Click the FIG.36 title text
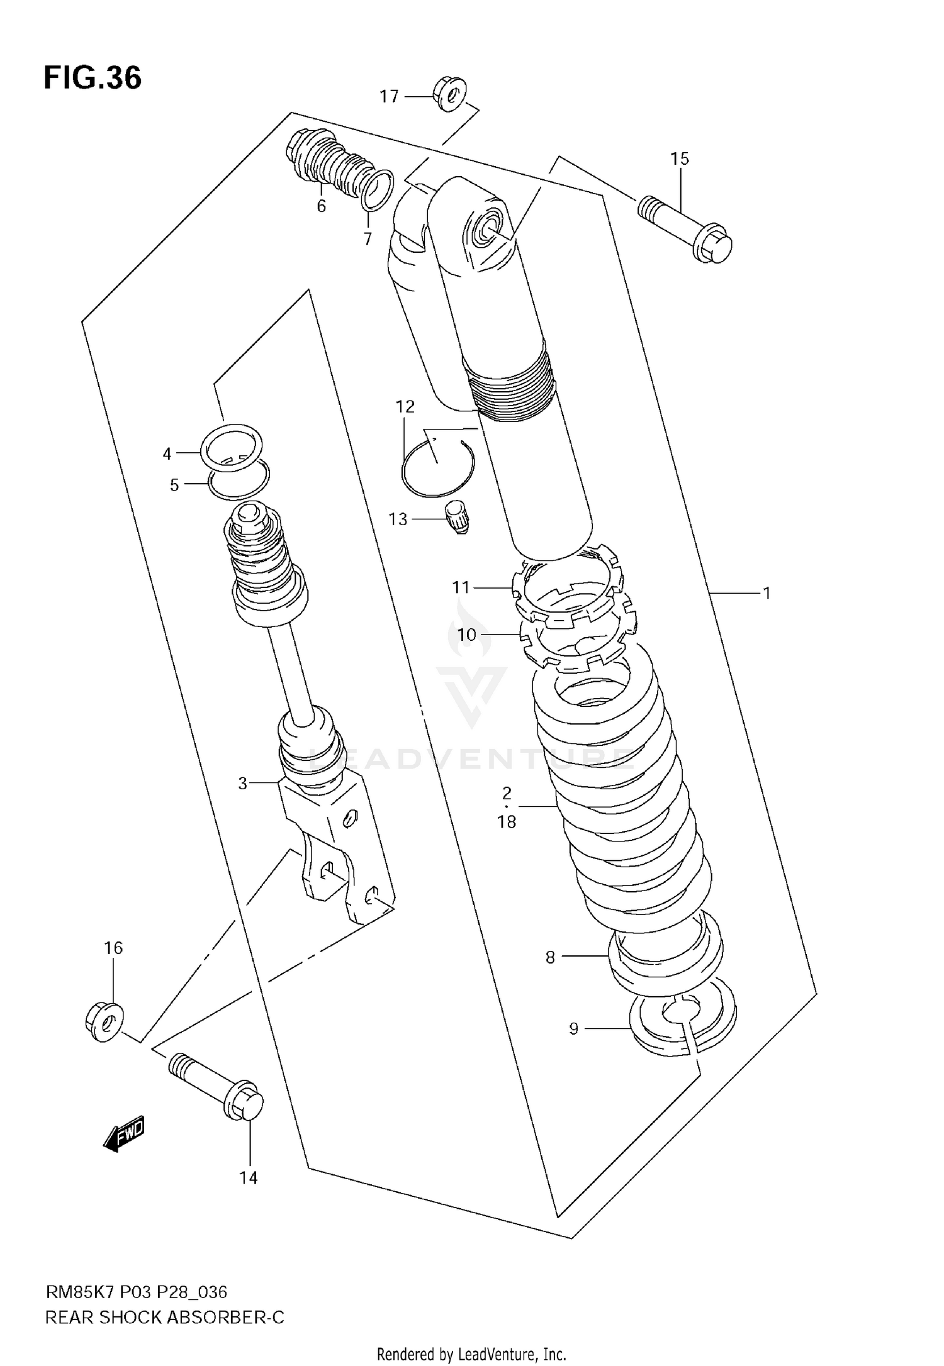pyautogui.click(x=93, y=79)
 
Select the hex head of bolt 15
pyautogui.click(x=714, y=247)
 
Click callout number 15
pyautogui.click(x=680, y=159)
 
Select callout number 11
pyautogui.click(x=461, y=587)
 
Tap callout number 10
pyautogui.click(x=466, y=635)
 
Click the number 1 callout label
pyautogui.click(x=767, y=592)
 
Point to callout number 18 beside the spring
pyautogui.click(x=507, y=821)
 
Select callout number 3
pyautogui.click(x=243, y=783)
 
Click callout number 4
pyautogui.click(x=167, y=453)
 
